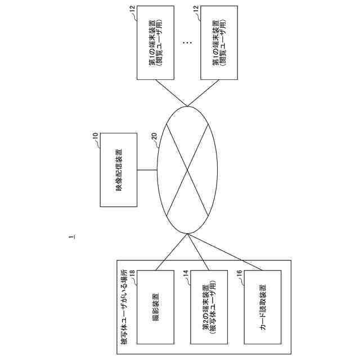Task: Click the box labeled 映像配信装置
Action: point(118,170)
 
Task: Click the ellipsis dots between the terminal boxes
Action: point(187,43)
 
